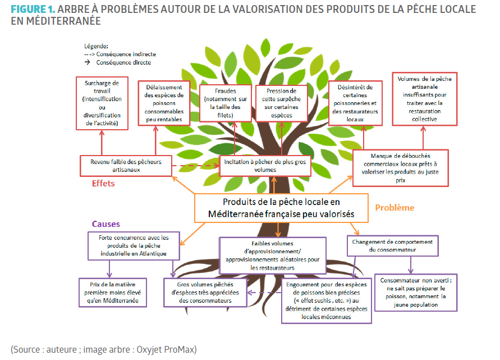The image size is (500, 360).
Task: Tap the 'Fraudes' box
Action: click(x=224, y=103)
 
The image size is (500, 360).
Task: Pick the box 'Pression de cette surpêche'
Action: click(x=281, y=102)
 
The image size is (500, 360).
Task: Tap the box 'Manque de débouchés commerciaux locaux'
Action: click(x=400, y=167)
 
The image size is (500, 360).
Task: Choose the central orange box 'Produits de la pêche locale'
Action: click(x=281, y=208)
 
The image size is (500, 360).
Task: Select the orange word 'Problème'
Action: click(x=395, y=207)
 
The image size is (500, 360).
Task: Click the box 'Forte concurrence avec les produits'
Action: click(x=134, y=246)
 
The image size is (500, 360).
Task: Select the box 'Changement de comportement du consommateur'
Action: click(x=393, y=246)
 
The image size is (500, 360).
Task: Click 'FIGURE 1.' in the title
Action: click(x=33, y=10)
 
